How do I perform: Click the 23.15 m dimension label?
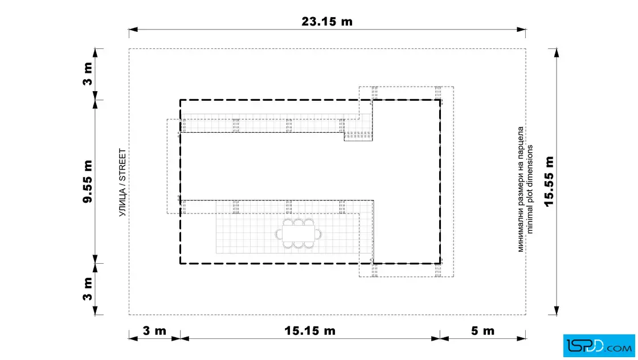tap(327, 22)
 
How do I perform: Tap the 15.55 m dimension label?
tap(549, 181)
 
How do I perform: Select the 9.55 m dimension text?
tap(88, 181)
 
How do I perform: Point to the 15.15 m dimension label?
tap(310, 331)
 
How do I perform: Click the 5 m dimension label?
tap(482, 331)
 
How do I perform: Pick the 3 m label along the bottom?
tap(154, 331)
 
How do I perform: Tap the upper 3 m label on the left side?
tap(88, 73)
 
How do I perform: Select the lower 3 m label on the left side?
tap(88, 289)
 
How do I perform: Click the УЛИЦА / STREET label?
tap(122, 183)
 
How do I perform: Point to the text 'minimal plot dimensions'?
tap(529, 189)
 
